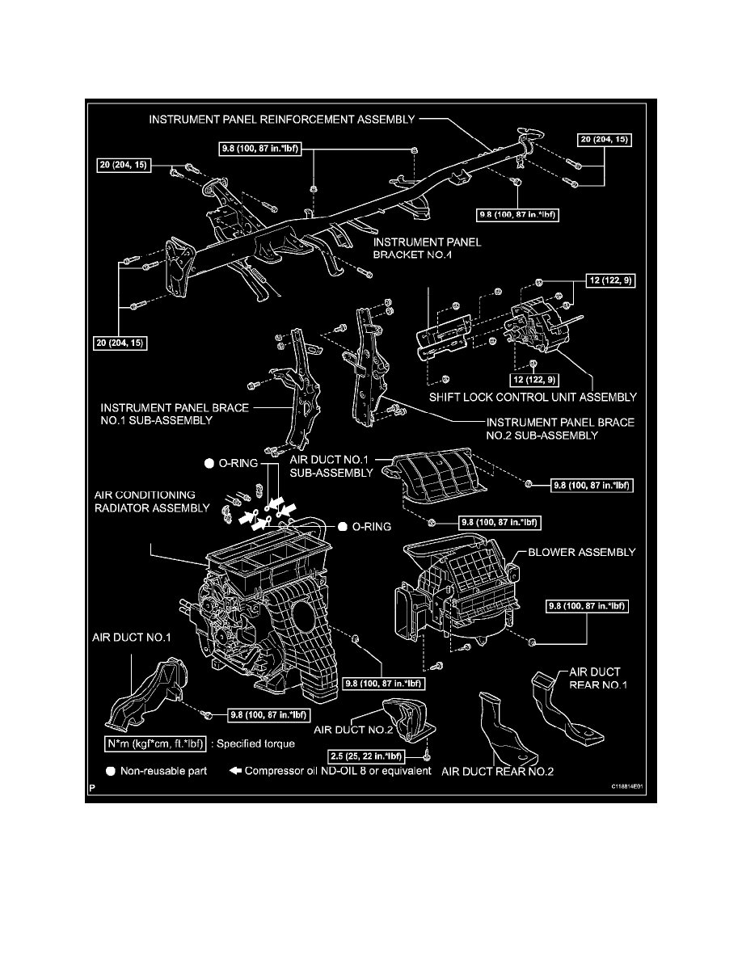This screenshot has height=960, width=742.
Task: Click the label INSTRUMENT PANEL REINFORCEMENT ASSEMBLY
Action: tap(281, 119)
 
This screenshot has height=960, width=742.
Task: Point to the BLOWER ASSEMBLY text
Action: tap(581, 553)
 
